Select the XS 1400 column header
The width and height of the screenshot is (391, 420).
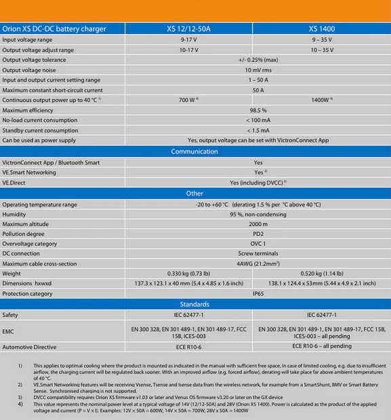[x=322, y=29]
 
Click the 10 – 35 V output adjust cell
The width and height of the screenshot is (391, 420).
[x=322, y=50]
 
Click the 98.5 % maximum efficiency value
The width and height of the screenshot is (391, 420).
[x=258, y=110]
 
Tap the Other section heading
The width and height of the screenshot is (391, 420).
[x=194, y=193]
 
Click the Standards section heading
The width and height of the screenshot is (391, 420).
[x=194, y=304]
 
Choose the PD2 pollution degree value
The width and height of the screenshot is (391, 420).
[x=258, y=233]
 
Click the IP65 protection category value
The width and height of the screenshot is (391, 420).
[x=258, y=294]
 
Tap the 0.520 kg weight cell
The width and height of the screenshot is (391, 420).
[x=322, y=273]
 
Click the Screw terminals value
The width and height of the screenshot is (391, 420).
[x=258, y=253]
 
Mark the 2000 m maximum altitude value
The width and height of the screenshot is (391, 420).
[x=258, y=224]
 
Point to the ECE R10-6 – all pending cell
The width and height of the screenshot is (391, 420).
[x=322, y=346]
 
